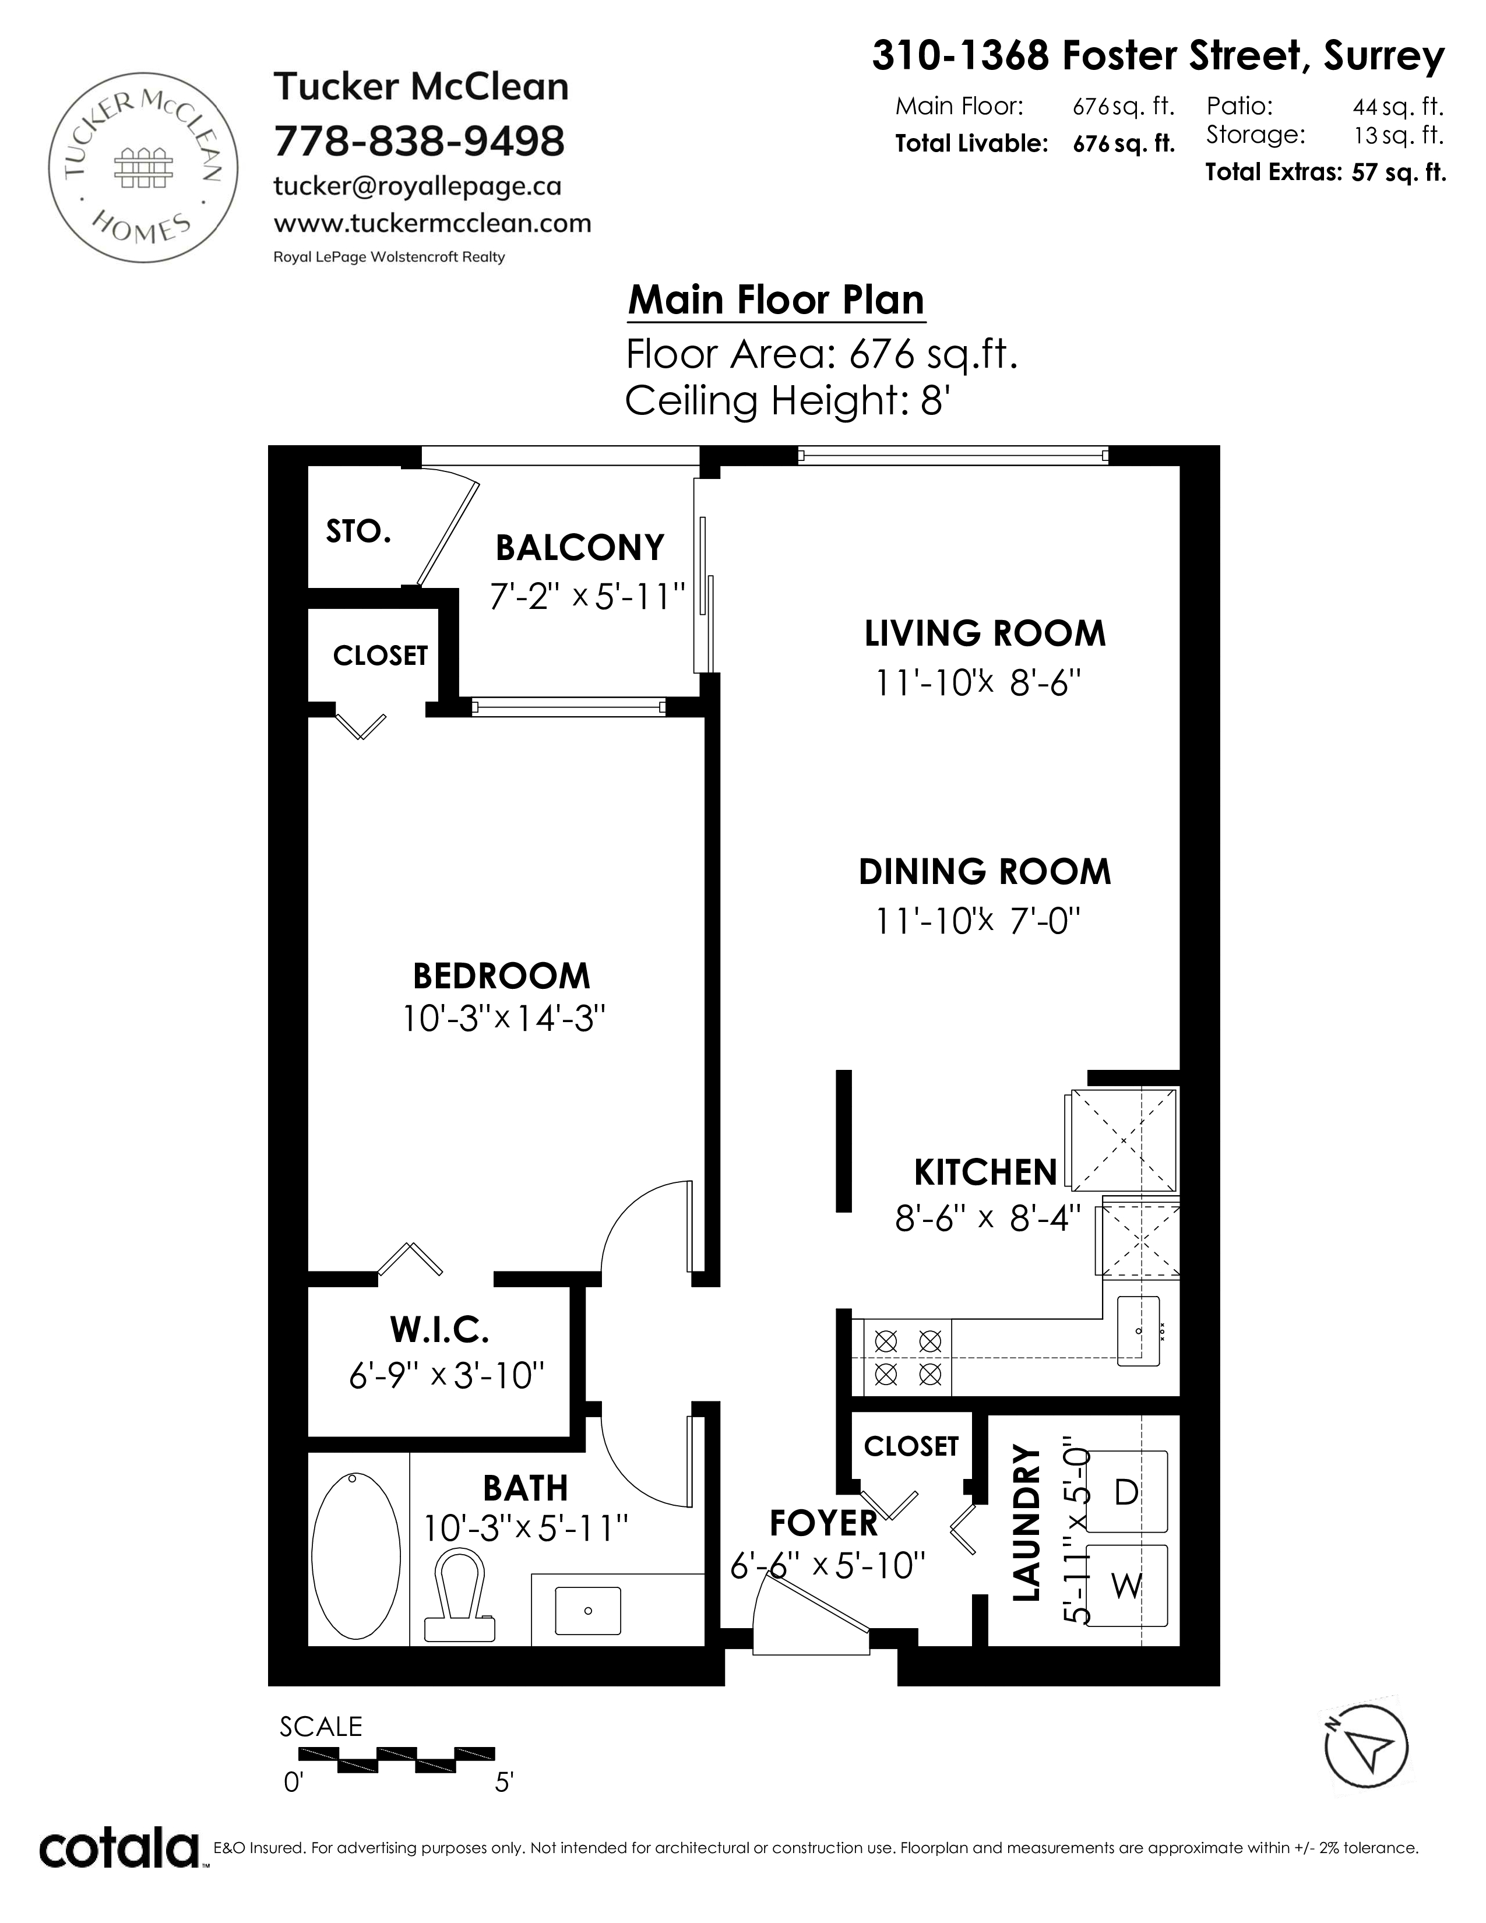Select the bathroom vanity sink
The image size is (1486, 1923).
pos(587,1611)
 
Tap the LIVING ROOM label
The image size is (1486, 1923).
pos(985,634)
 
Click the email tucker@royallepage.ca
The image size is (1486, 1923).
pos(417,186)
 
